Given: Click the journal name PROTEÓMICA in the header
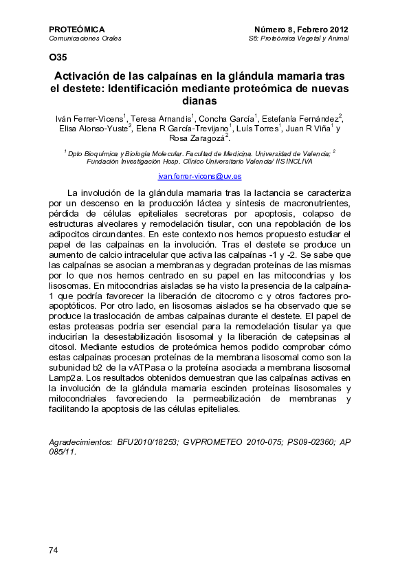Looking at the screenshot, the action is tap(77, 30).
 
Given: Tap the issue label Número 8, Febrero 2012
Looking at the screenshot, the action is tap(301, 30).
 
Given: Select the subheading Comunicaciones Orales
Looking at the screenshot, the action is tap(85, 39).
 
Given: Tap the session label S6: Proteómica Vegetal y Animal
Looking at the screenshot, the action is tap(298, 39).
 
